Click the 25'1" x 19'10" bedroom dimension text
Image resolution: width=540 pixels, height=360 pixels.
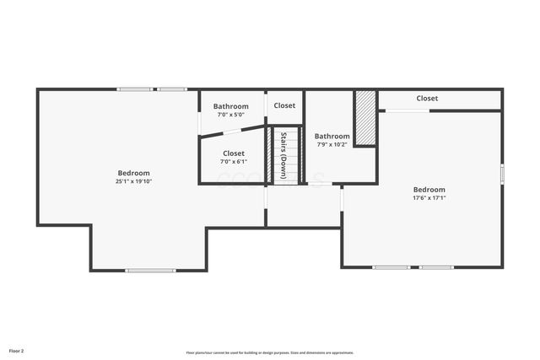pos(133,181)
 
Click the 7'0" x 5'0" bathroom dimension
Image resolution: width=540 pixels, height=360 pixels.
pos(230,115)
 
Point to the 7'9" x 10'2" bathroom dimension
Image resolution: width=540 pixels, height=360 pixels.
pos(332,144)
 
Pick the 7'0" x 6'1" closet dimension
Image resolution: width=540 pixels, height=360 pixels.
pos(234,161)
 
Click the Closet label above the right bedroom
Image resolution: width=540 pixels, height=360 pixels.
pos(427,99)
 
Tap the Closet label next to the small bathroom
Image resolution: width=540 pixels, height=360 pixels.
pos(284,106)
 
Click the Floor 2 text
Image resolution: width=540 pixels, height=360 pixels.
pos(17,350)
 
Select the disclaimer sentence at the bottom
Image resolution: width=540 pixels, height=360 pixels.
pos(270,352)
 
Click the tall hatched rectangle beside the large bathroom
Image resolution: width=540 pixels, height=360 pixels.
pos(364,117)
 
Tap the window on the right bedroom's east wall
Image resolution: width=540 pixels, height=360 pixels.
pos(502,173)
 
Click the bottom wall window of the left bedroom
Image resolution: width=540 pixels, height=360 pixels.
pos(150,271)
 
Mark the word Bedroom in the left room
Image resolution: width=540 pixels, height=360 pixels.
pos(133,173)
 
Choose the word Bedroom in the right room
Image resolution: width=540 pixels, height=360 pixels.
pos(429,190)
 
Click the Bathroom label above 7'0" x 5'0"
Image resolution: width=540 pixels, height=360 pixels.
pos(230,106)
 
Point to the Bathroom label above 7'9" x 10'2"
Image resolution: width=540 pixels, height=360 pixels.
pos(332,136)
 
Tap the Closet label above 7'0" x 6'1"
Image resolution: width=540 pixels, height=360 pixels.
pos(234,153)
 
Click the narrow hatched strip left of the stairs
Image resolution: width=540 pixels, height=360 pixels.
pos(270,154)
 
